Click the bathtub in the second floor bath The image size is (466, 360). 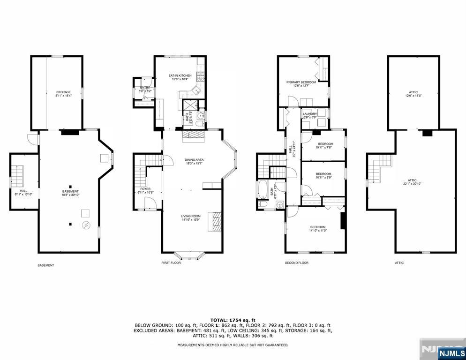click(x=263, y=190)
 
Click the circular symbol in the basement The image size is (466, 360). click(x=86, y=225)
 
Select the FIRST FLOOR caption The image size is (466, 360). click(x=171, y=263)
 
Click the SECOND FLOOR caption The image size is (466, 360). click(x=297, y=263)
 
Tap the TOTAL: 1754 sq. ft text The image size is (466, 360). click(x=233, y=320)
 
